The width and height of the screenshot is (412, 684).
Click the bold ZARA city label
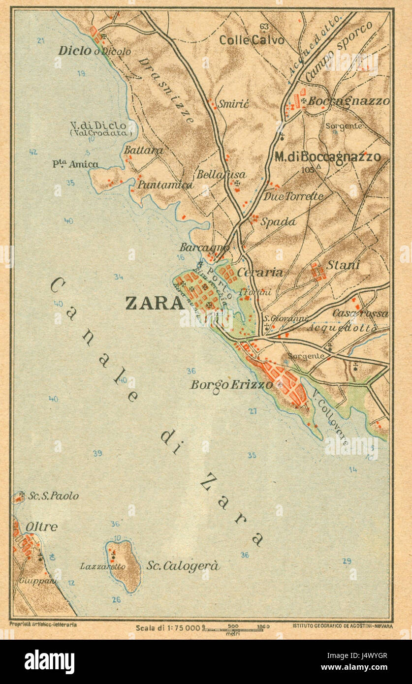tap(155, 303)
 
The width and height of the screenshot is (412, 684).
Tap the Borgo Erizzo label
tap(231, 384)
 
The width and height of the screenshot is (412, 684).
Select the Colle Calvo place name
tap(252, 40)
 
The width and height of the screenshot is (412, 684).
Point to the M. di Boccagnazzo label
tap(327, 157)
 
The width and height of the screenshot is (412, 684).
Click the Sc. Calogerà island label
tap(183, 566)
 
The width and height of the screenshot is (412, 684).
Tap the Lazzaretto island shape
tap(124, 566)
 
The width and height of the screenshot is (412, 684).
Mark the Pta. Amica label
tap(75, 164)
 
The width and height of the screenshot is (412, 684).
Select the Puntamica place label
tap(165, 185)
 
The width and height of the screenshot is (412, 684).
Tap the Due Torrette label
tap(294, 196)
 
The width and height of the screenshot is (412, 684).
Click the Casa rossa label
tap(360, 313)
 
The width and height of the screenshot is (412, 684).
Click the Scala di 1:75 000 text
tap(168, 627)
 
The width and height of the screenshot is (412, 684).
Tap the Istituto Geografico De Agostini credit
tap(342, 626)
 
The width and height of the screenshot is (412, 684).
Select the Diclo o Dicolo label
tap(95, 51)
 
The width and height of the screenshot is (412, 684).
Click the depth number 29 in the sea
tap(347, 561)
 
